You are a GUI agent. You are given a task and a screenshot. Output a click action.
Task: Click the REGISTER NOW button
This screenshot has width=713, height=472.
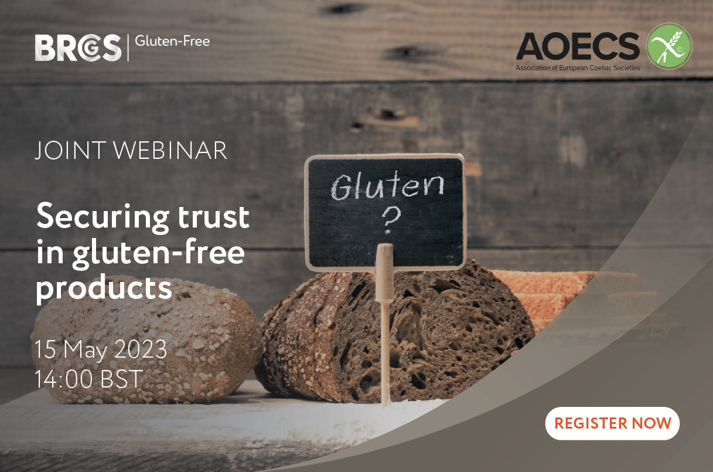(x=612, y=423)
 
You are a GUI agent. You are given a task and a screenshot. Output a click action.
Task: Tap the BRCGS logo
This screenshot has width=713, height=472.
(x=79, y=47)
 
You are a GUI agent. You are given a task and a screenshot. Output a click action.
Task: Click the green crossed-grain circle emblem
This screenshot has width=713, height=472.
(x=668, y=46)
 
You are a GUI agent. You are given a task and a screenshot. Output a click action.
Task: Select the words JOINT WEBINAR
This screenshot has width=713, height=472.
(x=131, y=150)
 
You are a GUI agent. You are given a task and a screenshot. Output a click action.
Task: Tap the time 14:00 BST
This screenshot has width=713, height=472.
(x=88, y=379)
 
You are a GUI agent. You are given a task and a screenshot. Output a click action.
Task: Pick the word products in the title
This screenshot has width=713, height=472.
(x=104, y=288)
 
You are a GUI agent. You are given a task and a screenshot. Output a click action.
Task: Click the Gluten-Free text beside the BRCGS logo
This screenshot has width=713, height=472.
(x=172, y=41)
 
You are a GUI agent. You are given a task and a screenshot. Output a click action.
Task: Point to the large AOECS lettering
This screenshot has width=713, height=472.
(x=578, y=47)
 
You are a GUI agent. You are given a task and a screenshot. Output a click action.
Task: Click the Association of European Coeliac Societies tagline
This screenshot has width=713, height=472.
(x=578, y=68)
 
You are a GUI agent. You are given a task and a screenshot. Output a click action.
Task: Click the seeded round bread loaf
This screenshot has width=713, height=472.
(x=146, y=339)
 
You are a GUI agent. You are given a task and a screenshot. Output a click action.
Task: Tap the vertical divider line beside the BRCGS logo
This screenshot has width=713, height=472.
(x=128, y=47)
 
